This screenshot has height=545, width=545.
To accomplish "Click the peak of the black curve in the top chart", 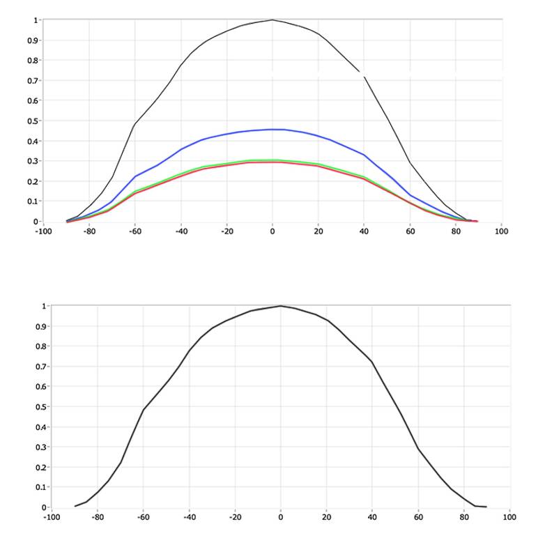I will pyautogui.click(x=272, y=20).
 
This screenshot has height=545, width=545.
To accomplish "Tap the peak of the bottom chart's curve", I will pyautogui.click(x=280, y=305).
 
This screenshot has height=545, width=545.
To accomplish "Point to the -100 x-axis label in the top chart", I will pyautogui.click(x=43, y=232).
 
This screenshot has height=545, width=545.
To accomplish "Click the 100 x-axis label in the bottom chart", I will pyautogui.click(x=509, y=518).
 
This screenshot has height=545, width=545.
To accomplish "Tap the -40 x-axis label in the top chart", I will pyautogui.click(x=181, y=232).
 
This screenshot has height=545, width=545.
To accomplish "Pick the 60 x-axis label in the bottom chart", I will pyautogui.click(x=418, y=518).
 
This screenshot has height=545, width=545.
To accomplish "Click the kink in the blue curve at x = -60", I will pyautogui.click(x=135, y=176).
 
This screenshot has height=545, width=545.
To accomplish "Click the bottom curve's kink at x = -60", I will pyautogui.click(x=144, y=409).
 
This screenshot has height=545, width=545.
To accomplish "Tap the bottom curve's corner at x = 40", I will pyautogui.click(x=371, y=362).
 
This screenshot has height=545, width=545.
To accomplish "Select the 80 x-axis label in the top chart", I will pyautogui.click(x=456, y=232).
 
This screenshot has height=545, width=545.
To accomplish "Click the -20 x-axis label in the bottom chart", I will pyautogui.click(x=234, y=518).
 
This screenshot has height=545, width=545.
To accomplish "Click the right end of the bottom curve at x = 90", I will pyautogui.click(x=486, y=507).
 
